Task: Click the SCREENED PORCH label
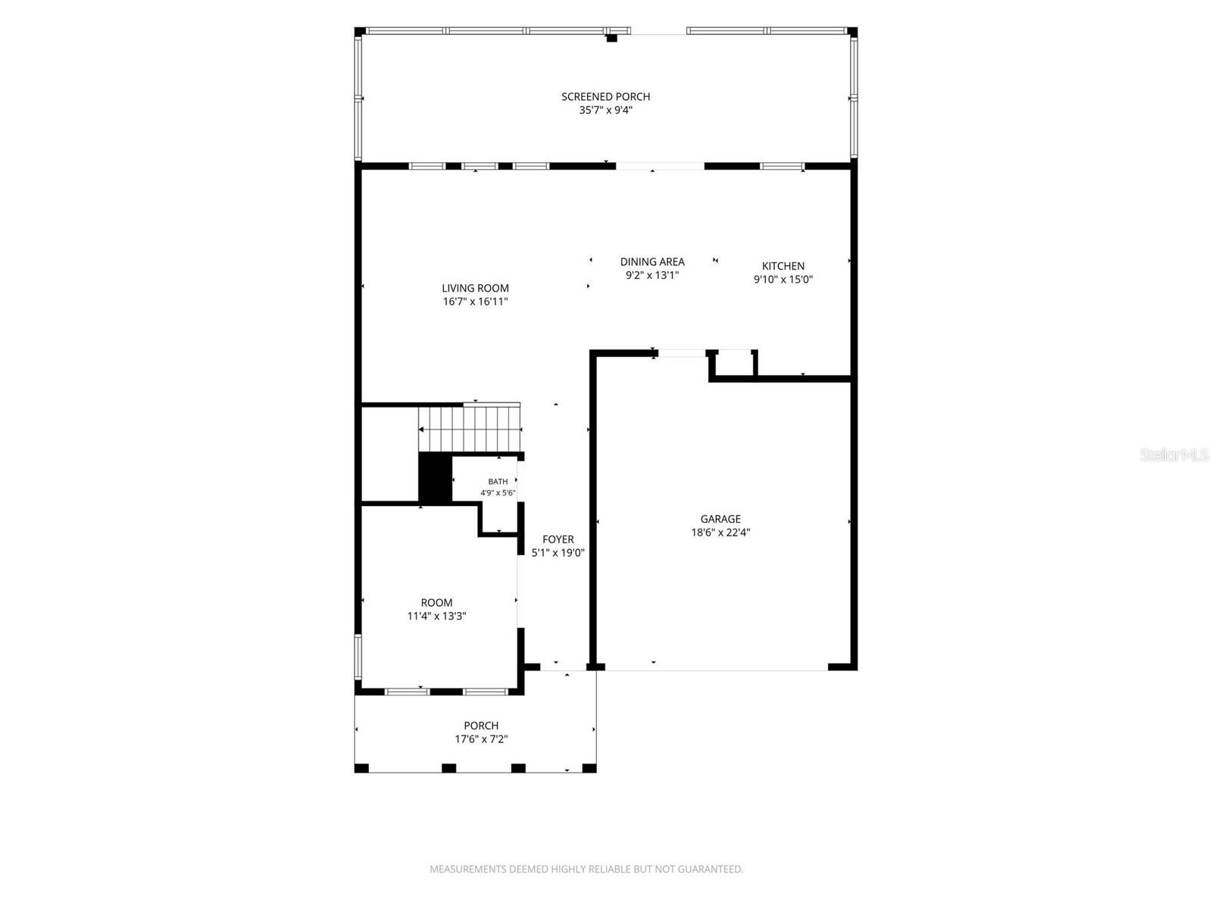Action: tap(605, 97)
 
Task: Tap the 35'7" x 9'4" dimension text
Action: tap(605, 110)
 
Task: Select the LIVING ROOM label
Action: tap(475, 288)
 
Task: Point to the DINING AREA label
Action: tap(652, 261)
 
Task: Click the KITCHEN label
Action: tap(783, 266)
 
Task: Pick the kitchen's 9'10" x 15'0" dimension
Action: tap(783, 280)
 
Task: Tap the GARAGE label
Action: tap(720, 519)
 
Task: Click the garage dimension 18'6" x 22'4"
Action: tap(720, 532)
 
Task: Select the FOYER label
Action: tap(558, 539)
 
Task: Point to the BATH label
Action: tap(498, 481)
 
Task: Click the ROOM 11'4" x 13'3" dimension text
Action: tap(436, 616)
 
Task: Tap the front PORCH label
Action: tap(481, 726)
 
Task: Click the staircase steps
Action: tap(470, 430)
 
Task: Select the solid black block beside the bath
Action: tap(435, 477)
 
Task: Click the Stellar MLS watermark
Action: tap(1174, 454)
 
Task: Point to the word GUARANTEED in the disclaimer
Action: tap(710, 869)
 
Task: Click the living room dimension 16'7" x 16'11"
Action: tap(475, 301)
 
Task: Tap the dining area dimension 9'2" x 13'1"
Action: tap(652, 275)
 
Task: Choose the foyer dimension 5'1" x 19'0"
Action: tap(558, 552)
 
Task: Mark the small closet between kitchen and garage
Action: tap(733, 364)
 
